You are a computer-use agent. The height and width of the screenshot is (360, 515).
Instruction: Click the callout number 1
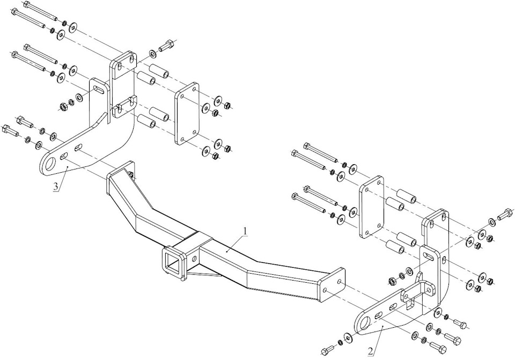point(245,231)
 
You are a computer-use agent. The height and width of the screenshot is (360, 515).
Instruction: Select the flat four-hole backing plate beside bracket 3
point(187,113)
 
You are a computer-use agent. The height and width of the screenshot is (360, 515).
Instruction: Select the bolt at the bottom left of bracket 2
point(327,352)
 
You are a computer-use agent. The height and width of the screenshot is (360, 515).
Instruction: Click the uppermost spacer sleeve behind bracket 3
point(157,70)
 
